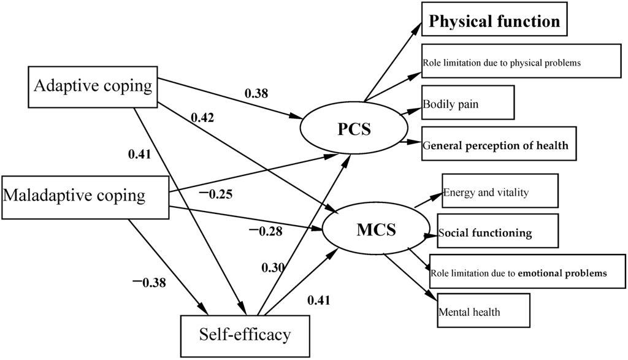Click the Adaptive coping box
pos(92,86)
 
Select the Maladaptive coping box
pos(85,196)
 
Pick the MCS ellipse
pos(376,231)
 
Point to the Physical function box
pos(494,21)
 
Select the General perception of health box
pos(499,145)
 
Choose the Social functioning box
pos(497,231)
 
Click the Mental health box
pos(483,311)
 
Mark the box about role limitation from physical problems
pos(521,62)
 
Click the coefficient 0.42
pos(202,117)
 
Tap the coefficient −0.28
pos(264,231)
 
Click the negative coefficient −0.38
pos(148,283)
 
